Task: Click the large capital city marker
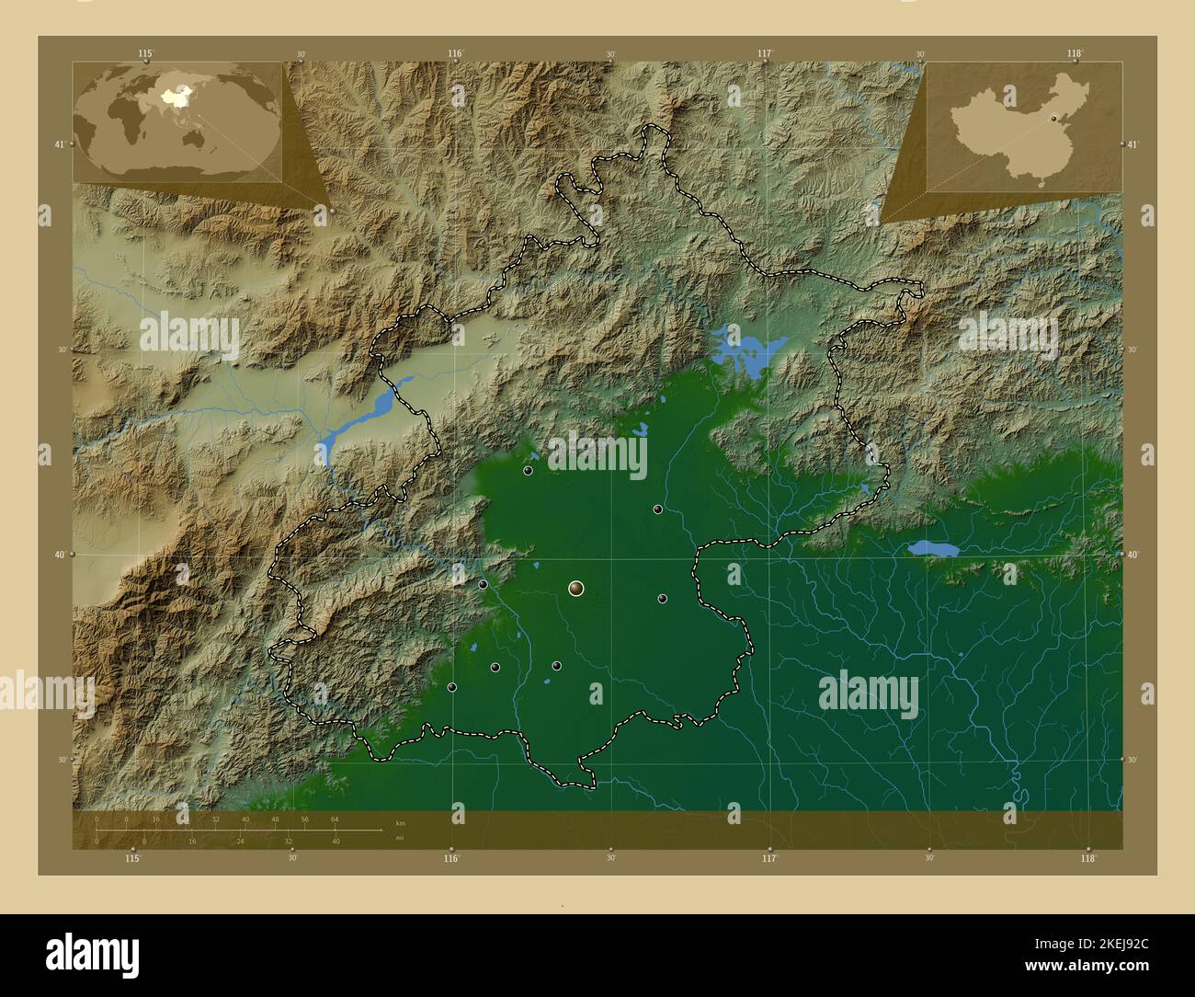(x=576, y=588)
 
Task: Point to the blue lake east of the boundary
(x=933, y=549)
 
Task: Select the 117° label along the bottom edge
(x=769, y=858)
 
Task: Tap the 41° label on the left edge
(x=59, y=144)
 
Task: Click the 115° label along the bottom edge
(x=133, y=858)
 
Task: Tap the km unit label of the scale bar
(x=399, y=822)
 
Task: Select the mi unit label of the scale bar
(x=399, y=839)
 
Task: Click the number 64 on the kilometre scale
(x=336, y=819)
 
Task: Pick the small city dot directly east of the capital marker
(x=662, y=599)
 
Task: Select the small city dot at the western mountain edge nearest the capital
(x=483, y=584)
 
